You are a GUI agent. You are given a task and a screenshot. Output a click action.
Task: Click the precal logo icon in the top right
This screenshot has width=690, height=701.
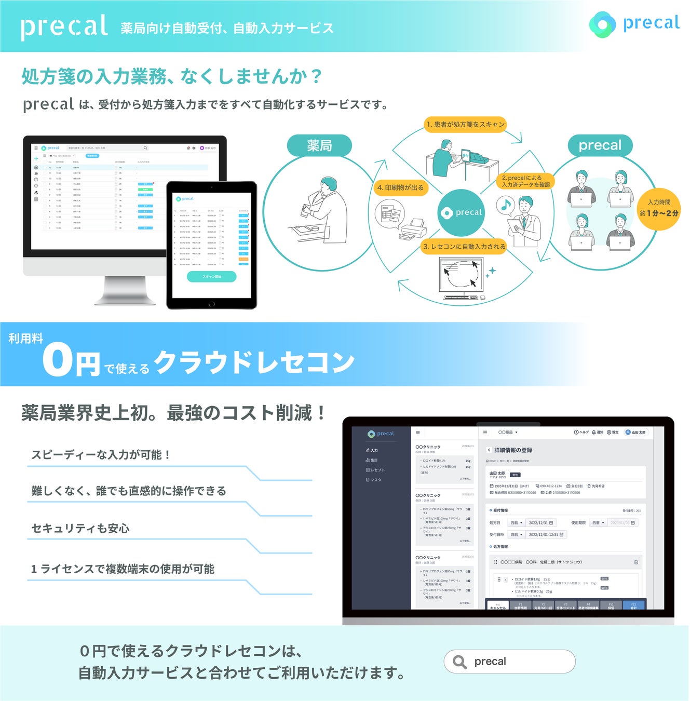point(602,24)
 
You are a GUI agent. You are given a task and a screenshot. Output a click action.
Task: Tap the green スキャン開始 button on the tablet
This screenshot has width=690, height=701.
point(211,277)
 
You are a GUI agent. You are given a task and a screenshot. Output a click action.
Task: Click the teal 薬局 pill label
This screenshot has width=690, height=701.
point(319,146)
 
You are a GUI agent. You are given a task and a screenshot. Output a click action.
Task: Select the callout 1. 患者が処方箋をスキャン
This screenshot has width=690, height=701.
point(465,124)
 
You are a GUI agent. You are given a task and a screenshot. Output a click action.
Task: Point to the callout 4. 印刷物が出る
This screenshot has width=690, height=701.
point(400,187)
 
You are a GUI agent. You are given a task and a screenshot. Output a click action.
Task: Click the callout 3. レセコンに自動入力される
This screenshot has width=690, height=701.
point(464,247)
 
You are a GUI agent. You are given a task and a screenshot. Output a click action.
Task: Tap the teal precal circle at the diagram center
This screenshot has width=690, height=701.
point(461,212)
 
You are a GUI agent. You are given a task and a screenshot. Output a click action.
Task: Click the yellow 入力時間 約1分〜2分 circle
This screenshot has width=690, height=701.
point(659,208)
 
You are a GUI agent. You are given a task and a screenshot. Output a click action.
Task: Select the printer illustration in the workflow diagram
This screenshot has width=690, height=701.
point(412,228)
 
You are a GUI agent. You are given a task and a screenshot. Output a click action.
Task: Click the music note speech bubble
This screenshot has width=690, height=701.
point(506,206)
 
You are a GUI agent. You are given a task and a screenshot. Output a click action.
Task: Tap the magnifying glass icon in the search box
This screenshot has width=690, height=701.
point(459,662)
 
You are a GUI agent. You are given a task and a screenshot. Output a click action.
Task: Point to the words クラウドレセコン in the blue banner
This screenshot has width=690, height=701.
point(254,362)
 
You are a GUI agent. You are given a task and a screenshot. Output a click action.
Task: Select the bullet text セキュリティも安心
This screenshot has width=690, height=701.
point(80,528)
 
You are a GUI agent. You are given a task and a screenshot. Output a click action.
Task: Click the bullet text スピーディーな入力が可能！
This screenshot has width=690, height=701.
point(101,455)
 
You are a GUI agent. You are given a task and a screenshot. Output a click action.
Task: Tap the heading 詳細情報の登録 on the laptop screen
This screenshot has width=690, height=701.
point(513,450)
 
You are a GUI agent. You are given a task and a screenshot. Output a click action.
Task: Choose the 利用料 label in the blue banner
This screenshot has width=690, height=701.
point(25,339)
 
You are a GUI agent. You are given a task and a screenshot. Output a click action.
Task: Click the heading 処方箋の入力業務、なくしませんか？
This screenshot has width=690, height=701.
point(172,77)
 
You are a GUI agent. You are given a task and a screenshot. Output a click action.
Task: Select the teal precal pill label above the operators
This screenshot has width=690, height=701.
point(600,145)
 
